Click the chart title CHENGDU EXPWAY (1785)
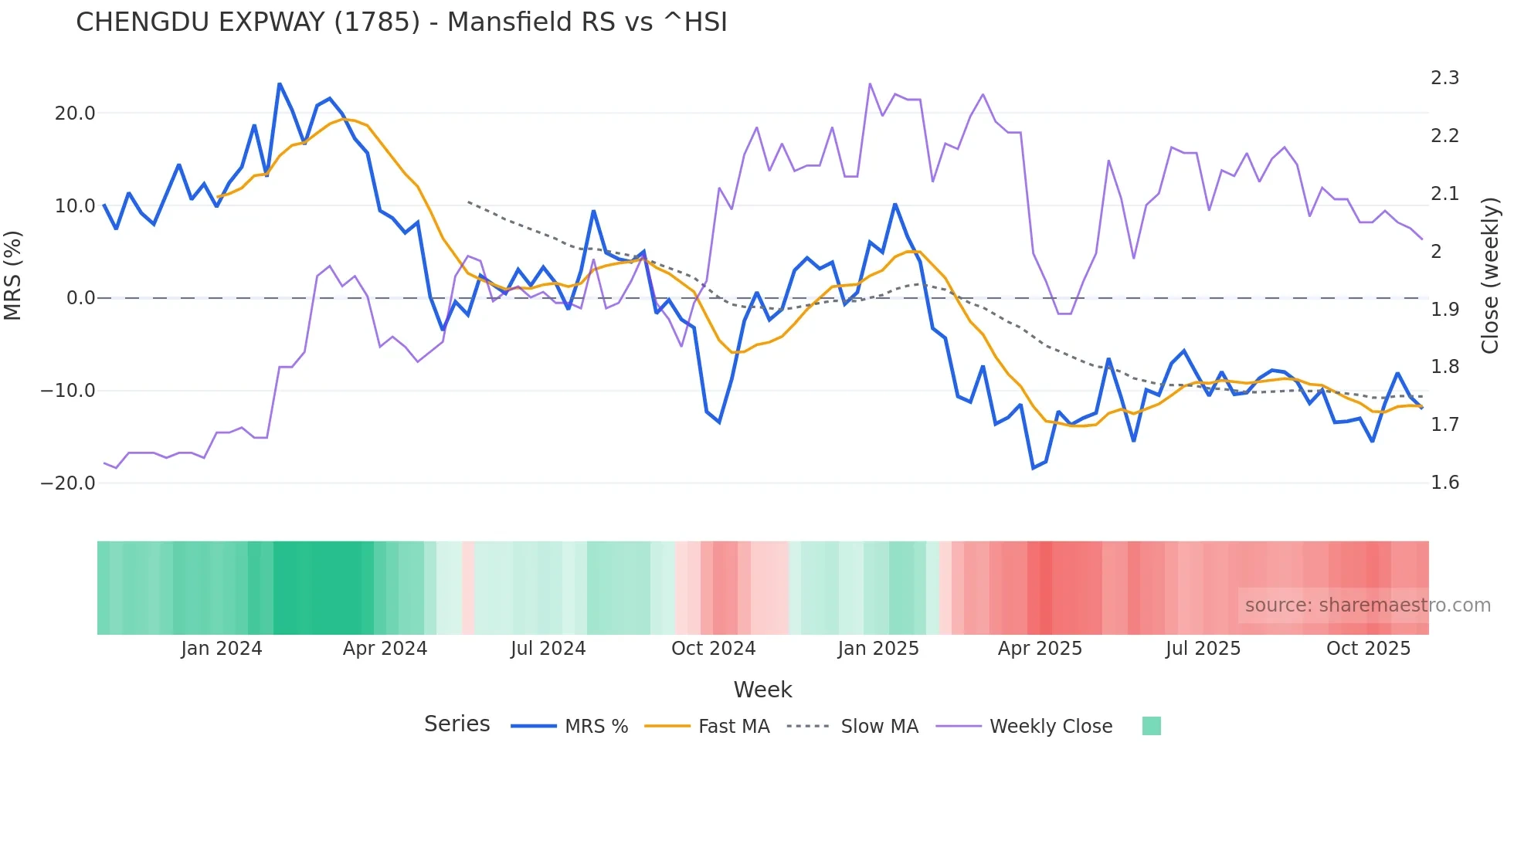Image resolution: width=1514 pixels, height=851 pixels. coord(401,22)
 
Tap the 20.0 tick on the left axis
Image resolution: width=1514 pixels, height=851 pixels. coord(75,114)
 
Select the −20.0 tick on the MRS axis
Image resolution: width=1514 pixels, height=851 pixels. coord(68,483)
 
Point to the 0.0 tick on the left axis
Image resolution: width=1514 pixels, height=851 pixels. coord(81,298)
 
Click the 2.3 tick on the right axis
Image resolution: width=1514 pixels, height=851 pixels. coord(1444,78)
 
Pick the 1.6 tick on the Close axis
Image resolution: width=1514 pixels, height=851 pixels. coord(1444,483)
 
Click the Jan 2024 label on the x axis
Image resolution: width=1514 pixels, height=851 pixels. coord(222,649)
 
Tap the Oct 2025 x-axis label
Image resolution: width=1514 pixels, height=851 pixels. coord(1368,649)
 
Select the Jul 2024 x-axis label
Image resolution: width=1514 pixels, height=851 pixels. coord(548,649)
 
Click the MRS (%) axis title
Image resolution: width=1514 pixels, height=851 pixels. coord(13,275)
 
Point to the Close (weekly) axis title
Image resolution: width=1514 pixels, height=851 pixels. coord(1490,275)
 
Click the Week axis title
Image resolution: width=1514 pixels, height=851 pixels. coord(762,690)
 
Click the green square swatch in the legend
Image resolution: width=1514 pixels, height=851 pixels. coord(1151,726)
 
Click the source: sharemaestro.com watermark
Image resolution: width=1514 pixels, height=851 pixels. coord(1367,605)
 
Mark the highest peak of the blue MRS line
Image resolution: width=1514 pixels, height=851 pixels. coord(279,83)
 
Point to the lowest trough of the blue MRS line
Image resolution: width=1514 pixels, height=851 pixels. coord(1033,468)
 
